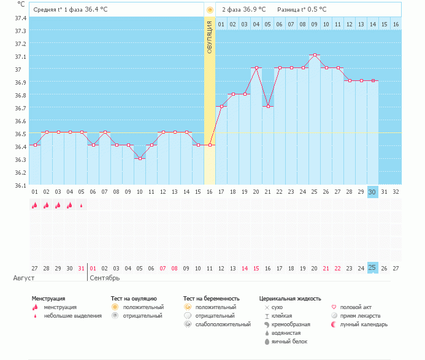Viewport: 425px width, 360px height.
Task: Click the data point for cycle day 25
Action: (x=315, y=55)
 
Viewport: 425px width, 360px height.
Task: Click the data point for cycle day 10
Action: (x=140, y=158)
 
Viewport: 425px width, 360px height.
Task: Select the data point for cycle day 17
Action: (x=221, y=107)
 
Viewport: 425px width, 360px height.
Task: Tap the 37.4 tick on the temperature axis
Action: (x=20, y=18)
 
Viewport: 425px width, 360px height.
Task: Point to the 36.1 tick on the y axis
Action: (x=20, y=185)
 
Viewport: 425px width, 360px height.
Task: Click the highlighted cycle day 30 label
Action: (x=373, y=192)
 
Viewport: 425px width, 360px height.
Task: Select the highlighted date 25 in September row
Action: (x=373, y=268)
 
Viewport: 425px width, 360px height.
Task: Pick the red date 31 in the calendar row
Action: (x=82, y=268)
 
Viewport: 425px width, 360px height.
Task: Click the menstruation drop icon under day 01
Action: (x=35, y=205)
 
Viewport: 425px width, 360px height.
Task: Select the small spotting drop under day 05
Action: (x=82, y=205)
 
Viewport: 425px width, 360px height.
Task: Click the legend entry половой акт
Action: (x=356, y=307)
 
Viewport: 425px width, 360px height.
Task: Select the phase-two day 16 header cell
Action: (x=396, y=25)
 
